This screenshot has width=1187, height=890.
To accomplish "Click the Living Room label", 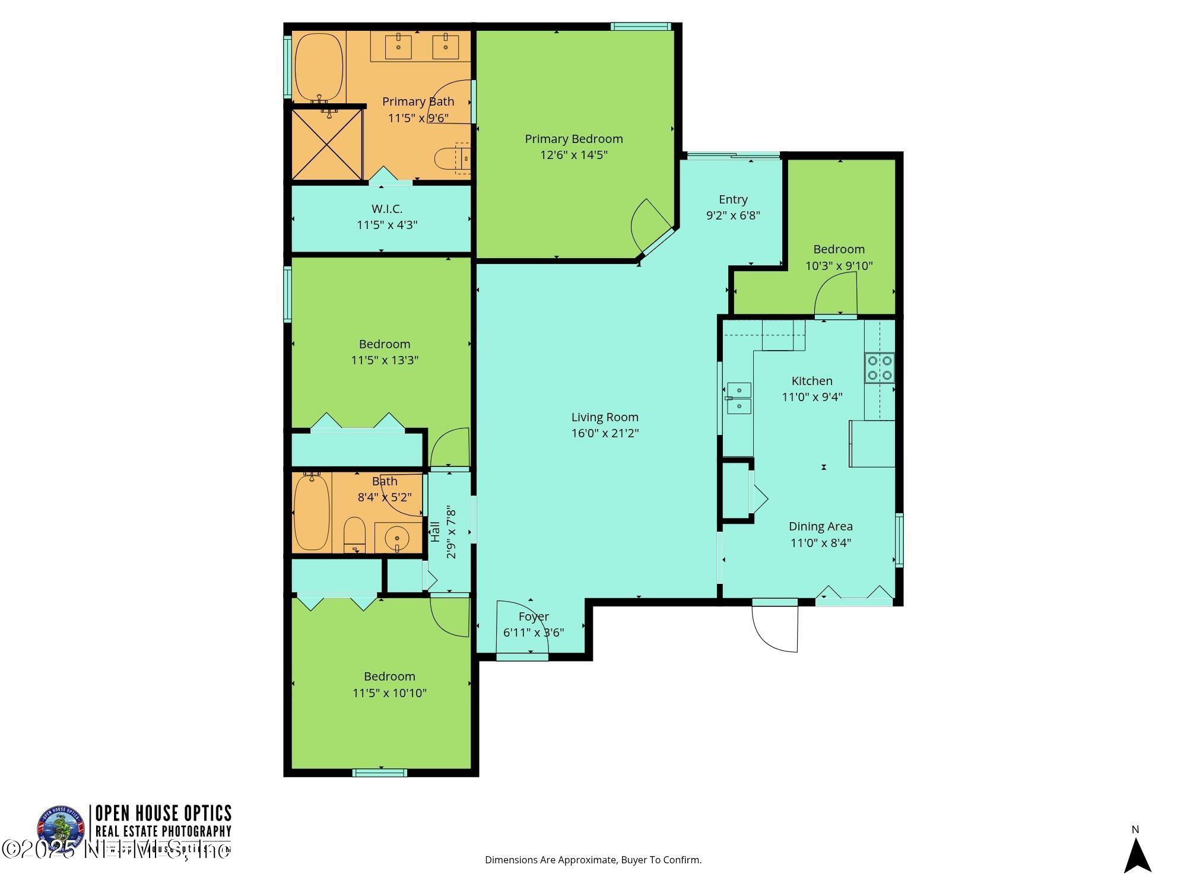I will pyautogui.click(x=605, y=417).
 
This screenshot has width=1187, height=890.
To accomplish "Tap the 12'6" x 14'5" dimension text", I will pyautogui.click(x=573, y=155).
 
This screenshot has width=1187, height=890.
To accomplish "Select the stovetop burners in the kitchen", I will pyautogui.click(x=880, y=367).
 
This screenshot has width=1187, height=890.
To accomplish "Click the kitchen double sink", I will pyautogui.click(x=739, y=398).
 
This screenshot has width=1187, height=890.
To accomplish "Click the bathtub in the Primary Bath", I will pyautogui.click(x=319, y=67).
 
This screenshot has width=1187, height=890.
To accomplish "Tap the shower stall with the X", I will pyautogui.click(x=327, y=144).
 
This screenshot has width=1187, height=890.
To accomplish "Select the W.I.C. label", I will pyautogui.click(x=387, y=209).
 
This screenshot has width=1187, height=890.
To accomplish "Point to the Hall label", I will pyautogui.click(x=436, y=532).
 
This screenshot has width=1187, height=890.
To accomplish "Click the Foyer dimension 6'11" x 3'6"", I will pyautogui.click(x=534, y=632).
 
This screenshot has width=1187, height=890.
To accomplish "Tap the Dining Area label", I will pyautogui.click(x=820, y=526).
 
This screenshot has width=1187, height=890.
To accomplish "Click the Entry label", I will pyautogui.click(x=733, y=199).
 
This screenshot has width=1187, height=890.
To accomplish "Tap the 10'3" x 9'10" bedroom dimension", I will pyautogui.click(x=839, y=266).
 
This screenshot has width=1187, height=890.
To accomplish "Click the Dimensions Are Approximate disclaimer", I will pyautogui.click(x=593, y=860).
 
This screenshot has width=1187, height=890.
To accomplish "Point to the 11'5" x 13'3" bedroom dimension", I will pyautogui.click(x=385, y=360).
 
